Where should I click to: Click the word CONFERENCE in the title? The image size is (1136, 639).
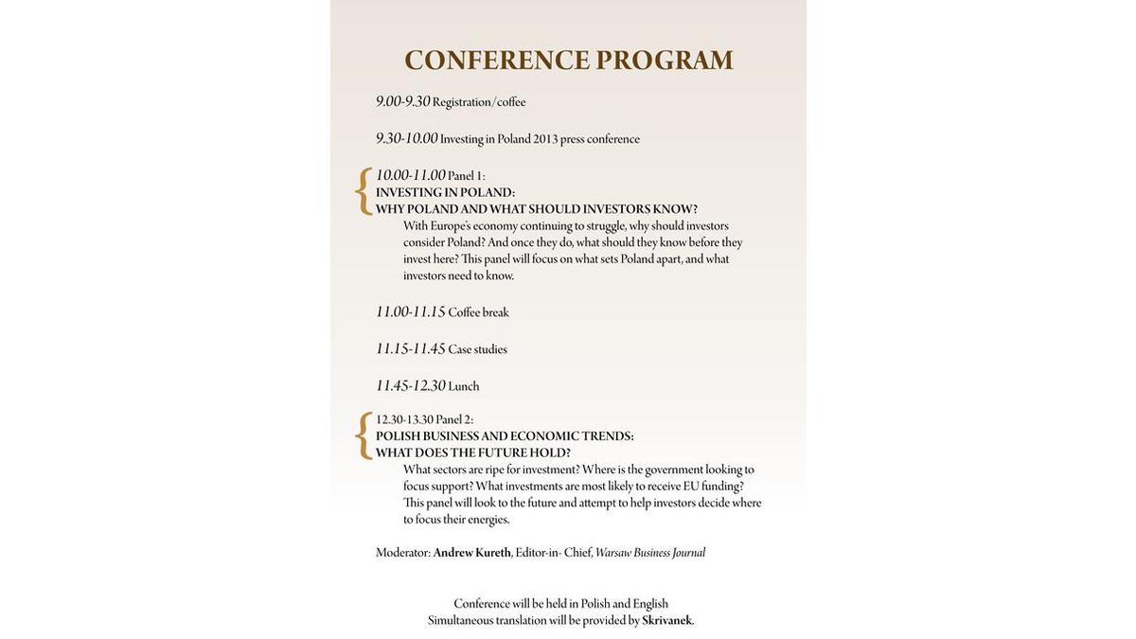point(496,61)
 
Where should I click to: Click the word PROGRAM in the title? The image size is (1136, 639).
point(665,61)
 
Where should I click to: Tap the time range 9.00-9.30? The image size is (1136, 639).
point(402,101)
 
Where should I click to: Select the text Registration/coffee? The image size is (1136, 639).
point(479,102)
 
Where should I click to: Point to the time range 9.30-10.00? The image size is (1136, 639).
point(406,138)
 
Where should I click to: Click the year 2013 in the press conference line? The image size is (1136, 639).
point(545,139)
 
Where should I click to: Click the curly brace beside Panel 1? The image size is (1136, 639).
point(363,191)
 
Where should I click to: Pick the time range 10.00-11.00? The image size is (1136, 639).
point(410,175)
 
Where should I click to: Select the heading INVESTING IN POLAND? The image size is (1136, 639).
point(445,192)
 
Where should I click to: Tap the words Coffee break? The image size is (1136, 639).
point(478,312)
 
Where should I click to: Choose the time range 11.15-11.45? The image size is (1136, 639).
point(410,348)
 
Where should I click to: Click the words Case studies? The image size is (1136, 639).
point(477,349)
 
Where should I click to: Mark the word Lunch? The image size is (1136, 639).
point(464,386)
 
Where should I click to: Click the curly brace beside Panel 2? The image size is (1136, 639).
point(363,435)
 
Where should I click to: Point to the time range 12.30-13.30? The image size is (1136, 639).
point(404,419)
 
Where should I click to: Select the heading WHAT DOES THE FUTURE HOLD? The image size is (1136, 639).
point(473,453)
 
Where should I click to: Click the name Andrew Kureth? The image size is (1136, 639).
point(471,553)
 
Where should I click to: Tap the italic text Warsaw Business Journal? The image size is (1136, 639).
point(650,553)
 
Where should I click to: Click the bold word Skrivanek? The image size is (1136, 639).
point(666,621)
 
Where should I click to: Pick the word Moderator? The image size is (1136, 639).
point(402,553)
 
